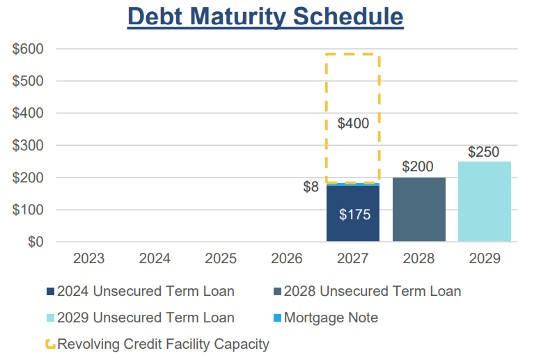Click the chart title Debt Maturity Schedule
265,17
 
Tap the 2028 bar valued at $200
418,209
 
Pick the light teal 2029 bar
485,201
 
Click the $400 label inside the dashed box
353,124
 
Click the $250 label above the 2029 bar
483,152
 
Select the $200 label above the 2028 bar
418,166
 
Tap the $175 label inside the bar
354,214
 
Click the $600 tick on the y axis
28,49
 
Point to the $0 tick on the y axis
34,242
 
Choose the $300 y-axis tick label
28,146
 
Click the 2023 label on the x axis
89,259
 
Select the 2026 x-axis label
286,259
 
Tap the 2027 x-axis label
353,259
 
